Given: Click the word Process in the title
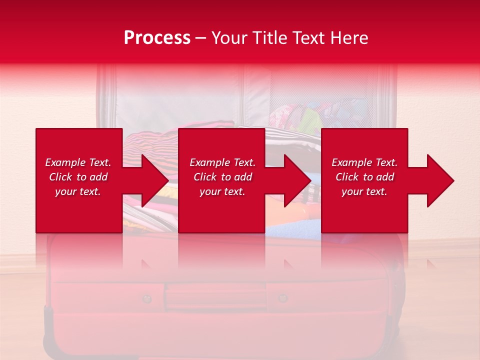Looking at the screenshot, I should (x=157, y=38).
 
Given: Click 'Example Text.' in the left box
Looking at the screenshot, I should (x=78, y=162).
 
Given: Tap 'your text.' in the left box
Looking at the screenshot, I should (x=78, y=191).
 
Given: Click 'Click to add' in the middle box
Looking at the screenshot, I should (x=222, y=177).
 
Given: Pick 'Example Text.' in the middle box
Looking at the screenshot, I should (x=222, y=162).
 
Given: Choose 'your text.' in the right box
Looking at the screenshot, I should (x=364, y=191).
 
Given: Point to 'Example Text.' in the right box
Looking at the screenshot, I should (x=364, y=162).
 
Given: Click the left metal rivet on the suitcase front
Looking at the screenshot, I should (x=146, y=299).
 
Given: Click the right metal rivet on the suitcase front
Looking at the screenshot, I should (x=282, y=298).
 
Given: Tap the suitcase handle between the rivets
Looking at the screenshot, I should (x=215, y=296).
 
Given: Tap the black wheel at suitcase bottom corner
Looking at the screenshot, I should (x=47, y=325).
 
